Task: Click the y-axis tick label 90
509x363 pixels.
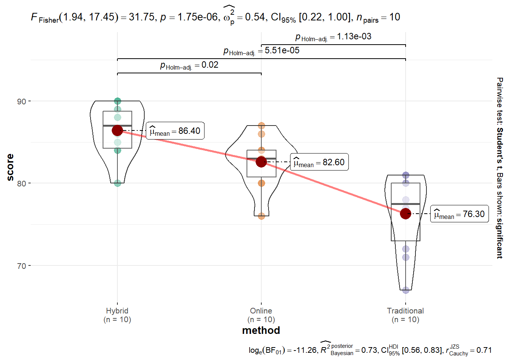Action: click(21, 101)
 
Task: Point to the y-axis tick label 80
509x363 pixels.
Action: click(21, 183)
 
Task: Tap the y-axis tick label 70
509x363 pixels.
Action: click(21, 266)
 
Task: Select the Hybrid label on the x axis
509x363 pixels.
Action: click(117, 311)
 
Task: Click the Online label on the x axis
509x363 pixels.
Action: click(261, 311)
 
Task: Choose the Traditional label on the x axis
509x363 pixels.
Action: click(405, 311)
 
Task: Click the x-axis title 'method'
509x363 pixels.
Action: click(261, 330)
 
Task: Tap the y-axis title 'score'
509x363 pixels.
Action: click(10, 167)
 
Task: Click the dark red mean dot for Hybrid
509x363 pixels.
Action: click(117, 130)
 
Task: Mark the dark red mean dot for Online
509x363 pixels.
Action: click(261, 162)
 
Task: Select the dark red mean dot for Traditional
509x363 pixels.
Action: click(406, 214)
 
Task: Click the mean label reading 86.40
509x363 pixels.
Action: click(175, 131)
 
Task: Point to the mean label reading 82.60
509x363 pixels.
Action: click(319, 162)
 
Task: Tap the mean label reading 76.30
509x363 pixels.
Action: click(459, 214)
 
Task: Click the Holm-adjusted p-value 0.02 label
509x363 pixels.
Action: click(189, 65)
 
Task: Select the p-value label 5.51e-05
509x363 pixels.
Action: click(261, 51)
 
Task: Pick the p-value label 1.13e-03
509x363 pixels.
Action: click(333, 37)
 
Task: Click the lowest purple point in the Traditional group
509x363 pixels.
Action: click(406, 290)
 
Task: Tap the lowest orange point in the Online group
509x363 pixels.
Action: click(261, 216)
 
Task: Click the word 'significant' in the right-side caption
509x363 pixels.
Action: click(500, 238)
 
